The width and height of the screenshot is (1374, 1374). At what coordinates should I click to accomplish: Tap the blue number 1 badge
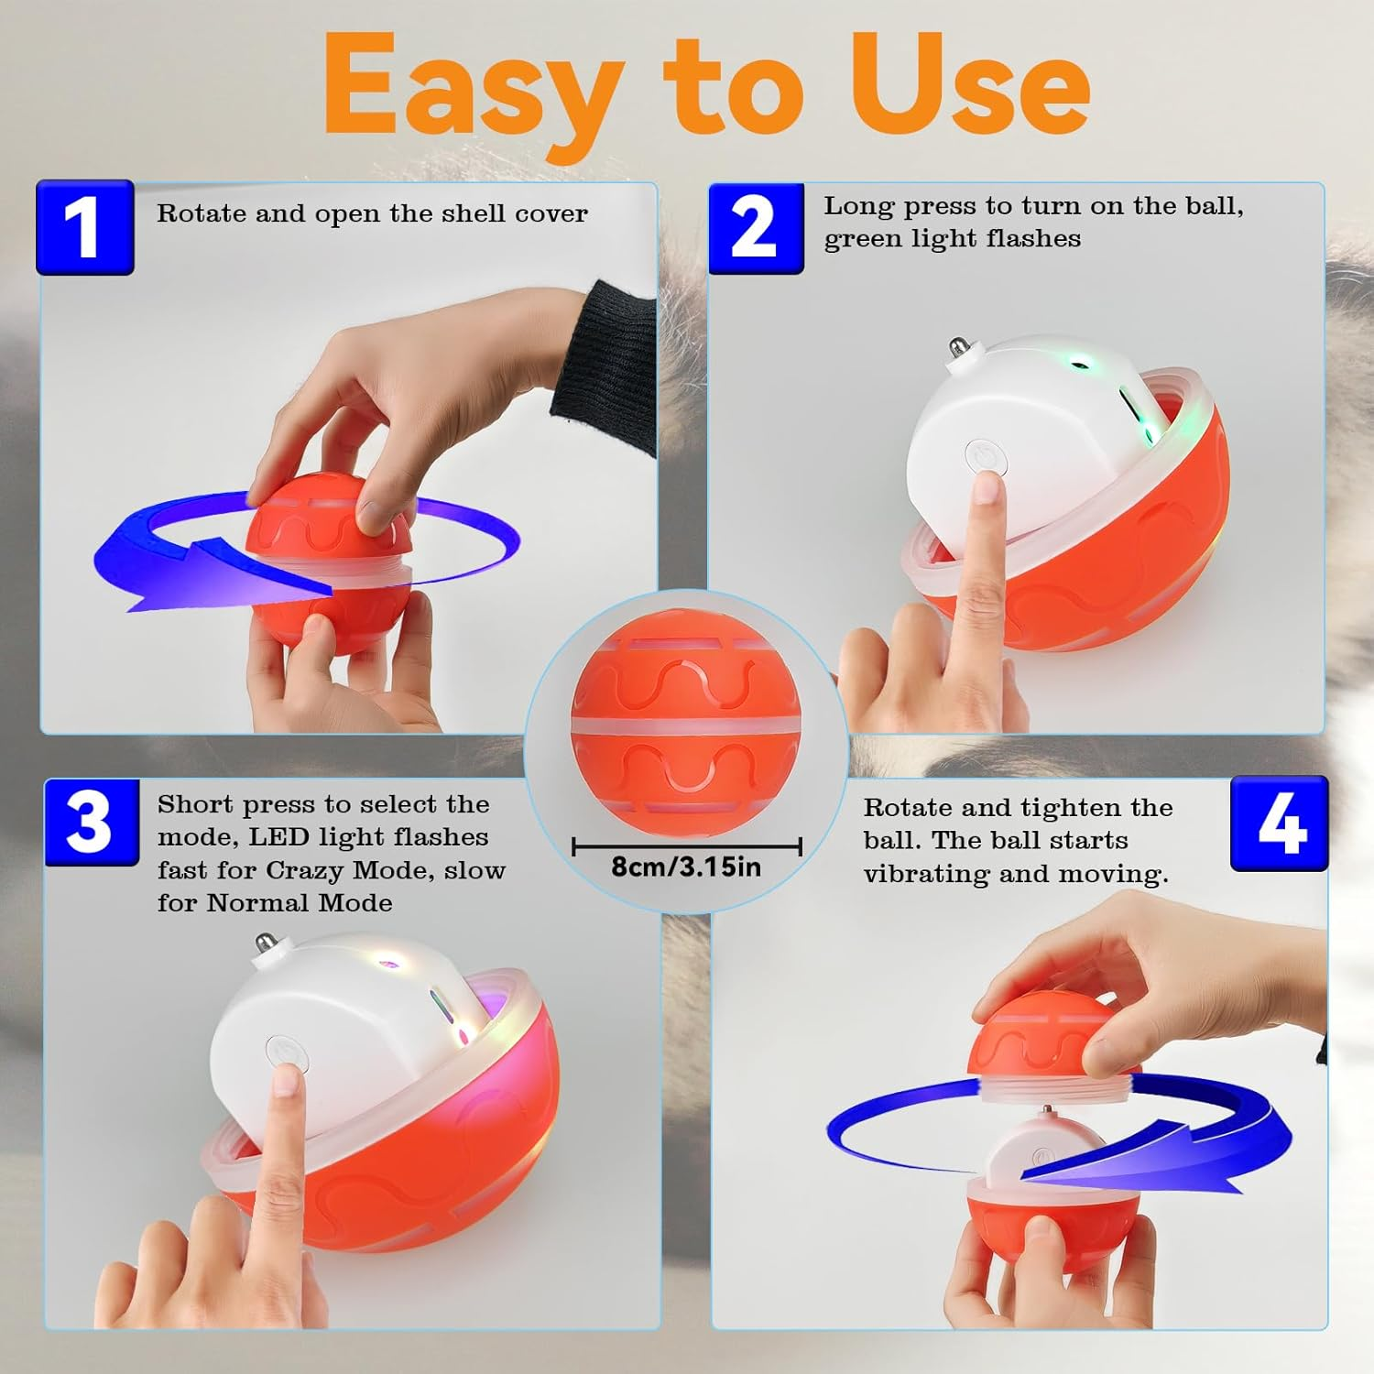pyautogui.click(x=84, y=227)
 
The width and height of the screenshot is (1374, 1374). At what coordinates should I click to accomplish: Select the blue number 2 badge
pyautogui.click(x=756, y=227)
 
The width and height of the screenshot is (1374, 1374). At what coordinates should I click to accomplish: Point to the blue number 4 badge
pyautogui.click(x=1279, y=823)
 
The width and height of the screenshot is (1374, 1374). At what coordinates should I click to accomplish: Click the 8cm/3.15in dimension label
pyautogui.click(x=686, y=867)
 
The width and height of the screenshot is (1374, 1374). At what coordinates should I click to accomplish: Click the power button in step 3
pyautogui.click(x=285, y=1052)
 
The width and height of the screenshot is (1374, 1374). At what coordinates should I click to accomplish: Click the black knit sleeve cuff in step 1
pyautogui.click(x=605, y=366)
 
